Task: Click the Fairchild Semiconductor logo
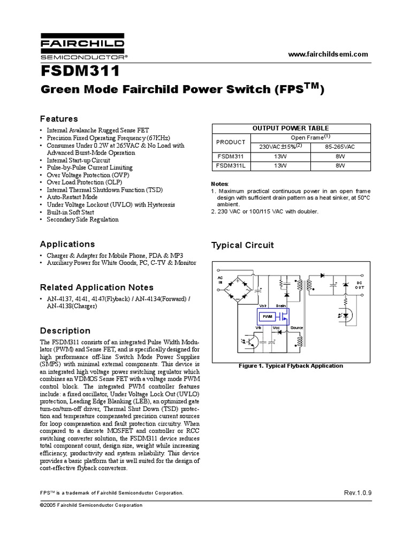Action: pos(82,48)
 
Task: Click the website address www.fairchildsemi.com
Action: pos(328,54)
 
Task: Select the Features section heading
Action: pos(59,119)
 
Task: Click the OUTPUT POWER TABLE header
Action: pos(291,128)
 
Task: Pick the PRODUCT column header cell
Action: pos(231,142)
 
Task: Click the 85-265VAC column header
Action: pos(340,147)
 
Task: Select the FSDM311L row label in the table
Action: pos(231,166)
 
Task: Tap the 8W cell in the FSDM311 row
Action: pos(340,156)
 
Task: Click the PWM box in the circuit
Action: pos(267,317)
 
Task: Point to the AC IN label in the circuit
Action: pos(220,280)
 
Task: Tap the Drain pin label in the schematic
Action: pos(281,305)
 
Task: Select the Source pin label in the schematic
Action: pos(296,328)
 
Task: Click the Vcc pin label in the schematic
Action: pos(276,328)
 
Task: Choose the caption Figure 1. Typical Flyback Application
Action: pos(291,366)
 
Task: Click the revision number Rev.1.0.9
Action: pos(357,492)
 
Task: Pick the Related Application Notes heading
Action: pos(97,287)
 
